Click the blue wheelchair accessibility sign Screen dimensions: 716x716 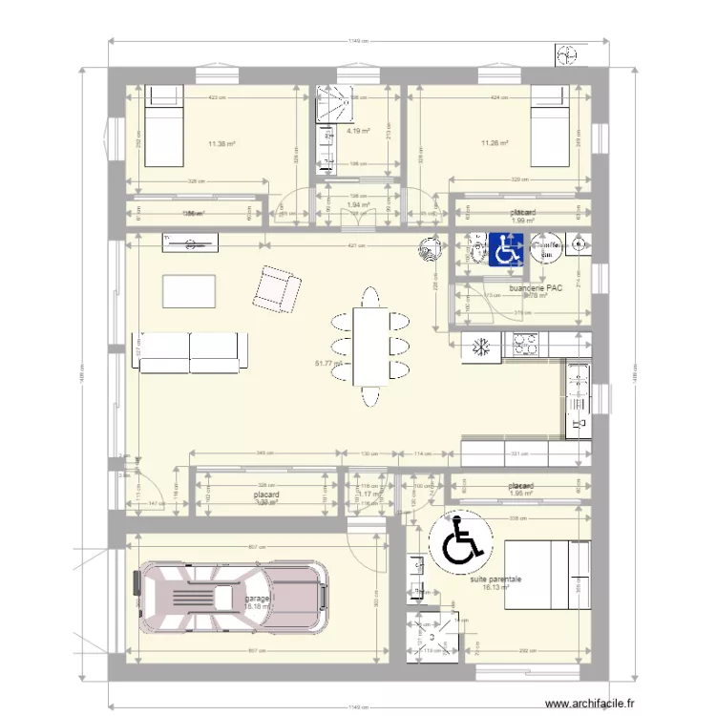pyautogui.click(x=504, y=250)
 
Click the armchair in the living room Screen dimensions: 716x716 pyautogui.click(x=276, y=289)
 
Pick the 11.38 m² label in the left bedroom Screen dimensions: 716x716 pyautogui.click(x=221, y=145)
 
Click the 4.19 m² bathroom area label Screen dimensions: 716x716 pyautogui.click(x=359, y=131)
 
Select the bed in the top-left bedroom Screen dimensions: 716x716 pyautogui.click(x=163, y=126)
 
